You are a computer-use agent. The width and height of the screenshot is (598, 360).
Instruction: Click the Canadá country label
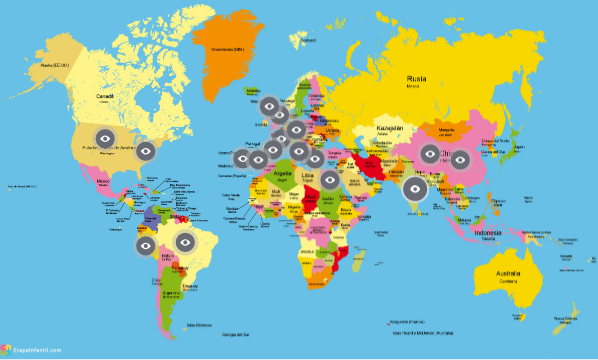tap(104, 96)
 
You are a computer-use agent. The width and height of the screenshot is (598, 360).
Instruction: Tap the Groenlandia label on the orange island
tap(226, 48)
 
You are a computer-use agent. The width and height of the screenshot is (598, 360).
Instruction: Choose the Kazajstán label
tap(389, 129)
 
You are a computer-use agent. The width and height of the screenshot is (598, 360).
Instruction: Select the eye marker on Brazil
tap(185, 241)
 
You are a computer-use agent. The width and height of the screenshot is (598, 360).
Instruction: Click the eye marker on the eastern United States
tap(145, 150)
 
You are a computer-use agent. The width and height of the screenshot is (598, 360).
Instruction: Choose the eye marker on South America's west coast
tap(145, 244)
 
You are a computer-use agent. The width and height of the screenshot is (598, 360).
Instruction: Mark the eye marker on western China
tap(429, 154)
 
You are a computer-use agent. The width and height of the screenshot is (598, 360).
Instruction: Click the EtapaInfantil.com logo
tap(34, 350)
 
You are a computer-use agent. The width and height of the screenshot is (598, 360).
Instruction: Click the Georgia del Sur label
tap(234, 332)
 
